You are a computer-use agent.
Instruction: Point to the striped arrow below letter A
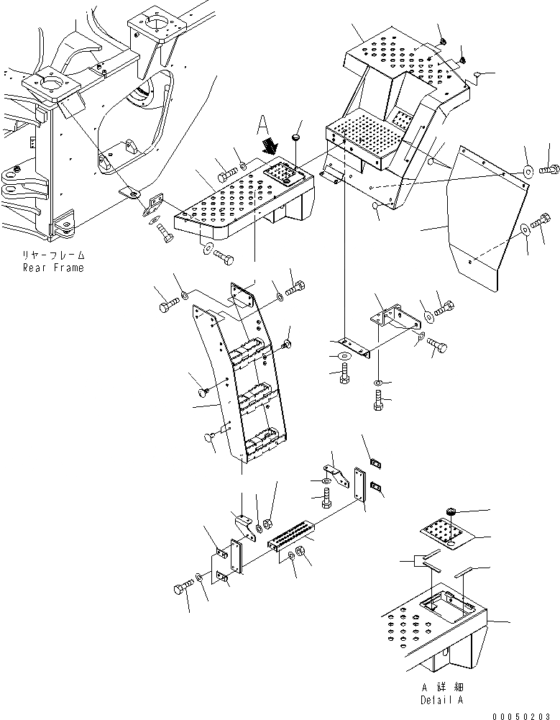270,147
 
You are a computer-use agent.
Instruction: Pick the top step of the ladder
249,350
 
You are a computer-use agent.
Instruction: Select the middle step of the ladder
253,393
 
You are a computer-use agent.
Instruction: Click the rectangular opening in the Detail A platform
443,605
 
